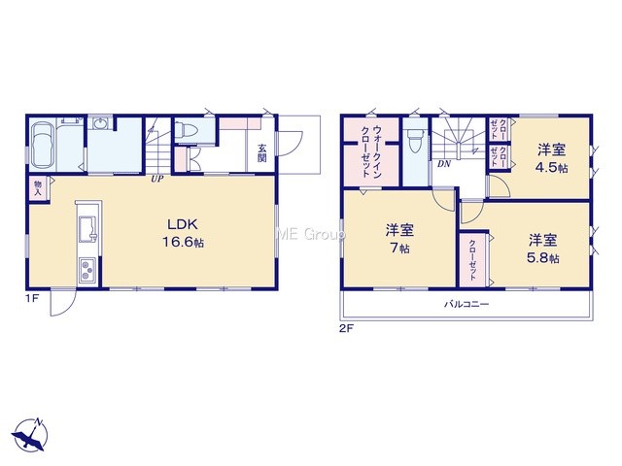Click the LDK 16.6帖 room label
pos(183,233)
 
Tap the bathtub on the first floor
pos(42,145)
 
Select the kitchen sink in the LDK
pos(88,229)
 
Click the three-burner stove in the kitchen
pos(88,270)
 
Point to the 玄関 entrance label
pos(261,153)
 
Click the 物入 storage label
pos(38,187)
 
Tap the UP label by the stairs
pos(156,179)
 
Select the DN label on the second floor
pos(444,164)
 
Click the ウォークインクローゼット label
pos(371,151)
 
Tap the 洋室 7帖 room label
pos(399,239)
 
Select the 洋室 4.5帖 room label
pos(552,158)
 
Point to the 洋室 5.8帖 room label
pos(542,250)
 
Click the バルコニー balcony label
pos(466,304)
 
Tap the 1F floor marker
pos(32,299)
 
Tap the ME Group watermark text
pos(310,235)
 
